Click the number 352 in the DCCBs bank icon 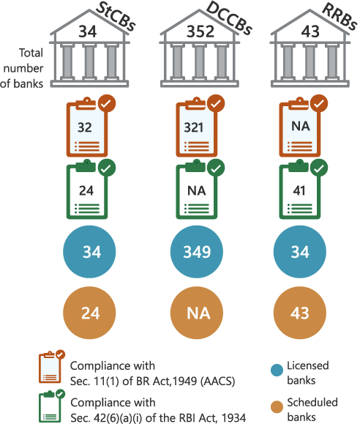click(x=200, y=31)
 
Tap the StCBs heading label click(x=116, y=17)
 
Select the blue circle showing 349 click(x=197, y=251)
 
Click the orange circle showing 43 click(x=300, y=313)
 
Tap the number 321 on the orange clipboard click(x=194, y=127)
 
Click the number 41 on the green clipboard click(x=299, y=190)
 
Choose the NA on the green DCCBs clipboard click(x=197, y=191)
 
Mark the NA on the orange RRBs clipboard click(x=301, y=126)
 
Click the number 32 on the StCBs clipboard click(x=85, y=127)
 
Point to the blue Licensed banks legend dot click(x=277, y=370)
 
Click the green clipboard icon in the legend click(x=52, y=406)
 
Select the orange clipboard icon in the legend click(x=52, y=366)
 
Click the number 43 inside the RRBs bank click(x=310, y=31)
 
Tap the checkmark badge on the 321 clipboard click(x=216, y=103)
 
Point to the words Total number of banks click(x=22, y=68)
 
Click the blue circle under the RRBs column click(x=300, y=251)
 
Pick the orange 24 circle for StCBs click(x=89, y=313)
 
